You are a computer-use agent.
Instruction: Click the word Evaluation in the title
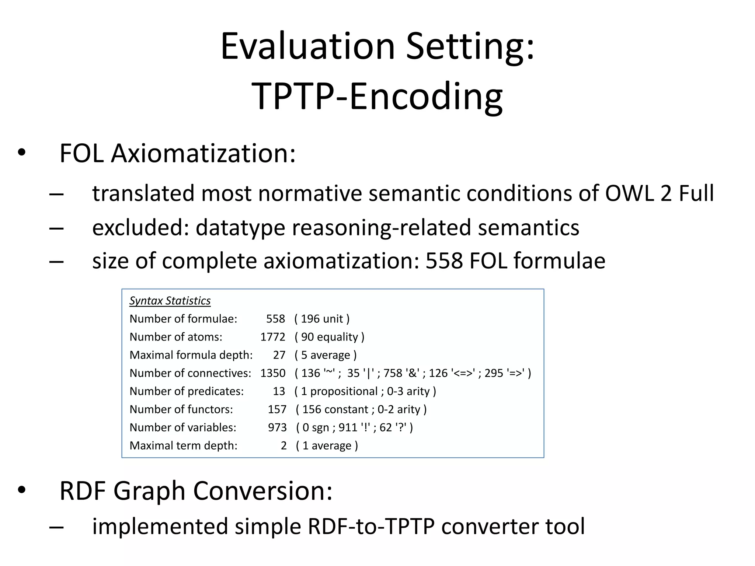pyautogui.click(x=308, y=47)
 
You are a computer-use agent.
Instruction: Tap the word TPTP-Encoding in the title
pyautogui.click(x=377, y=97)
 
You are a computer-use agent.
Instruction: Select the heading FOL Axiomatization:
pyautogui.click(x=177, y=153)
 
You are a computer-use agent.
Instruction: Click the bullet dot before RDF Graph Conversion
pyautogui.click(x=21, y=490)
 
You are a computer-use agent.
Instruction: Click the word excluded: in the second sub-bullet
pyautogui.click(x=140, y=227)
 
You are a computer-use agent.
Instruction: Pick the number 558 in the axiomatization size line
pyautogui.click(x=444, y=261)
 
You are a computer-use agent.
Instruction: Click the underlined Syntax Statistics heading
pyautogui.click(x=170, y=301)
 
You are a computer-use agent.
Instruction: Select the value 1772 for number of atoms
pyautogui.click(x=272, y=337)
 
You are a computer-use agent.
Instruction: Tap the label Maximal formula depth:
pyautogui.click(x=191, y=355)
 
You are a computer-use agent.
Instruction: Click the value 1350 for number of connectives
pyautogui.click(x=272, y=373)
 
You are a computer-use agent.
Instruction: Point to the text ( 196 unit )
pyautogui.click(x=322, y=319)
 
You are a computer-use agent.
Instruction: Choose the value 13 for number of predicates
pyautogui.click(x=279, y=391)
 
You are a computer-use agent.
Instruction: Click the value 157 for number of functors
pyautogui.click(x=277, y=409)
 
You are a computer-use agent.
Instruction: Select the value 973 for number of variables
pyautogui.click(x=277, y=427)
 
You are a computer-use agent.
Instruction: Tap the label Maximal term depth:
pyautogui.click(x=183, y=446)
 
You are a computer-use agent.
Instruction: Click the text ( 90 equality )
pyautogui.click(x=329, y=337)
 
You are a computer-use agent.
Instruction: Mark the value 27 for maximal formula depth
pyautogui.click(x=279, y=355)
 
